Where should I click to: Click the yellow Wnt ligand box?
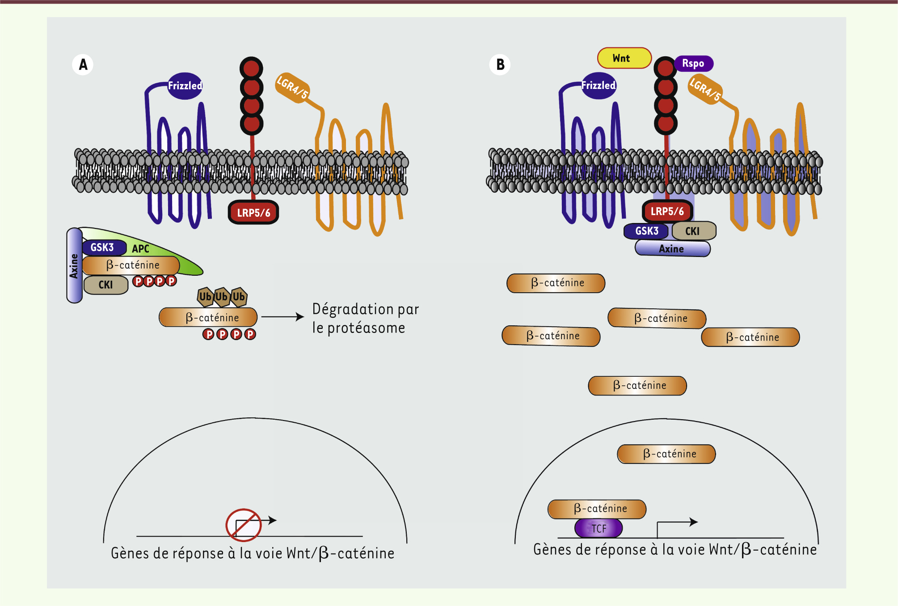point(624,58)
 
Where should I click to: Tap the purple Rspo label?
point(693,63)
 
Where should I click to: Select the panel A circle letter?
point(83,65)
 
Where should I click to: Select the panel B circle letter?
point(500,65)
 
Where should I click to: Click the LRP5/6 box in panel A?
point(253,213)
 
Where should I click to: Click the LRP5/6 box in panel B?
point(667,211)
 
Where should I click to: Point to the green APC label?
point(141,249)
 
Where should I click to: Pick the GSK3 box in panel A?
point(103,248)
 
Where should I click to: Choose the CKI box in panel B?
point(693,231)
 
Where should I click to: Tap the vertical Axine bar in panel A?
point(74,265)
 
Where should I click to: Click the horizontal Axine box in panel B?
point(672,249)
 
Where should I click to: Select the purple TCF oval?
point(599,529)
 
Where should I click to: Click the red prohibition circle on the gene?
point(244,525)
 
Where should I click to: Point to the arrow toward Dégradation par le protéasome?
point(282,317)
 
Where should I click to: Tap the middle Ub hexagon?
point(222,297)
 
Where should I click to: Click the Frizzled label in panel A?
point(185,85)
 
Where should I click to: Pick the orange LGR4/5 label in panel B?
point(705,89)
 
